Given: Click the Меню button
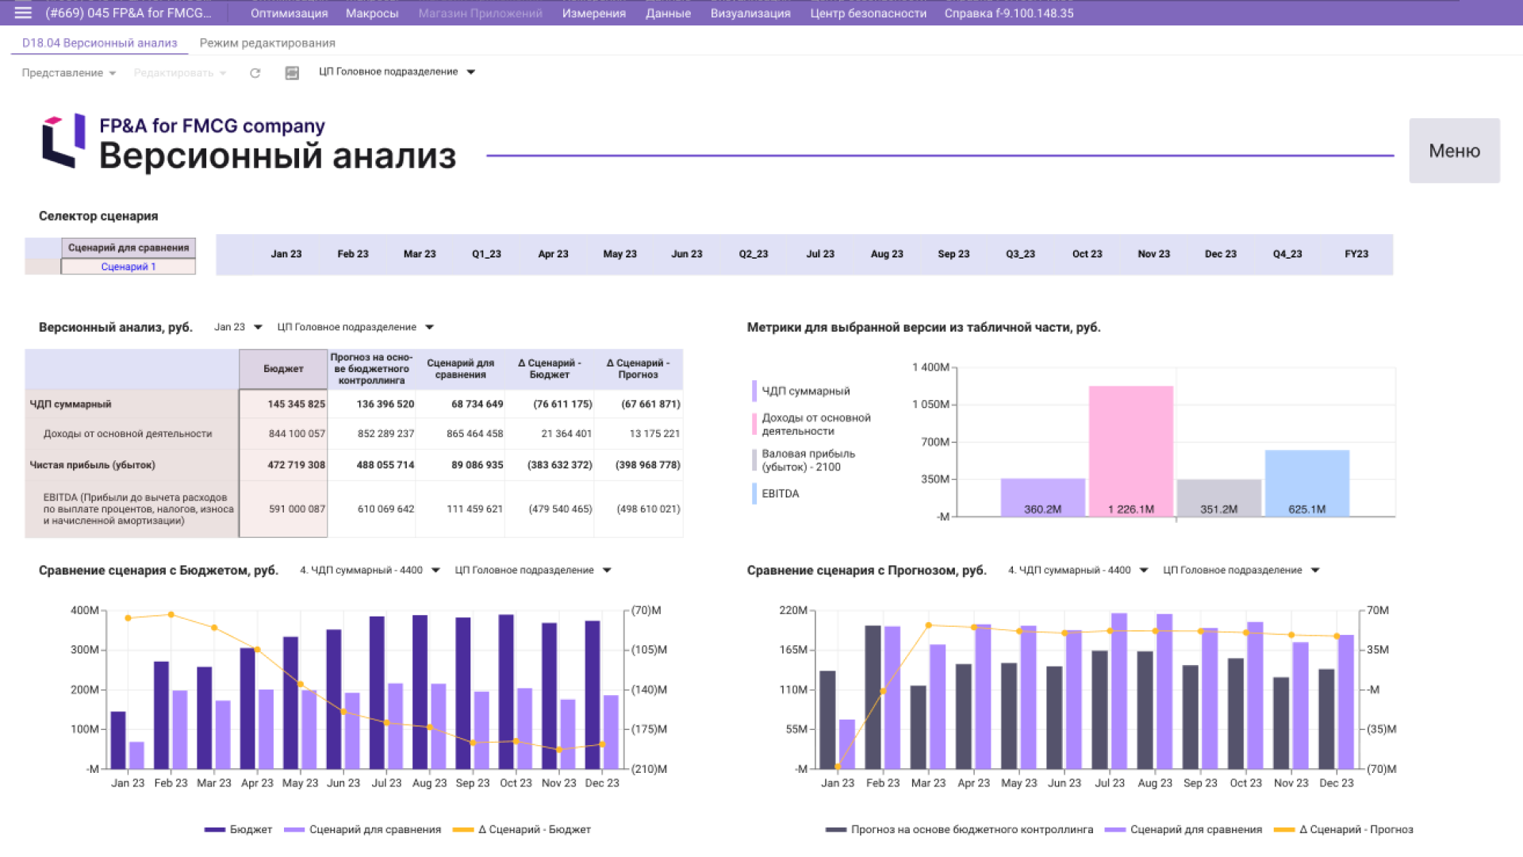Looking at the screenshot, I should [x=1453, y=151].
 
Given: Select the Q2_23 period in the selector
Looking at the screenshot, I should [x=753, y=254].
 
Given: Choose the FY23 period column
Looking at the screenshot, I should [x=1356, y=254].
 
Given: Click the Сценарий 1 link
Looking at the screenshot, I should [x=128, y=267].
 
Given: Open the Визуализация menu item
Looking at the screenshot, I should [x=750, y=13].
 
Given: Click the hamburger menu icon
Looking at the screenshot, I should [x=23, y=13].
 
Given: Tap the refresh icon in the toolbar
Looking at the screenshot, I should [x=255, y=73].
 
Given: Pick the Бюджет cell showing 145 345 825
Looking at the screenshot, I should [x=295, y=404].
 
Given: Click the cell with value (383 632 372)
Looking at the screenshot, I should [x=559, y=465].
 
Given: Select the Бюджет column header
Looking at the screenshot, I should [x=283, y=369].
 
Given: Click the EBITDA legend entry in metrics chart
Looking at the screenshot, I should [x=780, y=494].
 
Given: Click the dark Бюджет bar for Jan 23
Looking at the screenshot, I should [x=118, y=740].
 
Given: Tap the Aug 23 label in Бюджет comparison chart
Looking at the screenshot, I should [x=429, y=783].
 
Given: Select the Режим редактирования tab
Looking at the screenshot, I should [x=267, y=43].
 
